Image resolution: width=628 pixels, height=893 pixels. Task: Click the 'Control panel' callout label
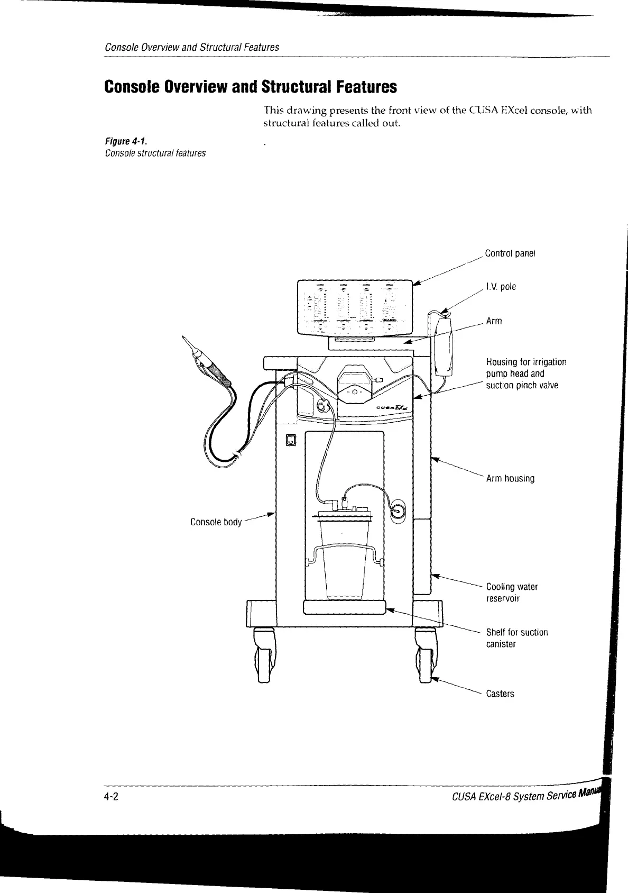click(510, 253)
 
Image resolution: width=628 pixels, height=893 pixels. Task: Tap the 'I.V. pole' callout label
click(500, 287)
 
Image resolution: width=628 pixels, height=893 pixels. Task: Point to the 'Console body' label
click(216, 522)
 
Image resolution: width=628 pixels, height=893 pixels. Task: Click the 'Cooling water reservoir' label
click(511, 593)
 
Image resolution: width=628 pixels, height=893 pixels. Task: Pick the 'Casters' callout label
click(500, 694)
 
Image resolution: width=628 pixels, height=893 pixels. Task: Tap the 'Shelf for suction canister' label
click(516, 638)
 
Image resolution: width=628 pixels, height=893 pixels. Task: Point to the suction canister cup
click(344, 555)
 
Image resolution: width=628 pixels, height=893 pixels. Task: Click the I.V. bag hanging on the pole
click(442, 344)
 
